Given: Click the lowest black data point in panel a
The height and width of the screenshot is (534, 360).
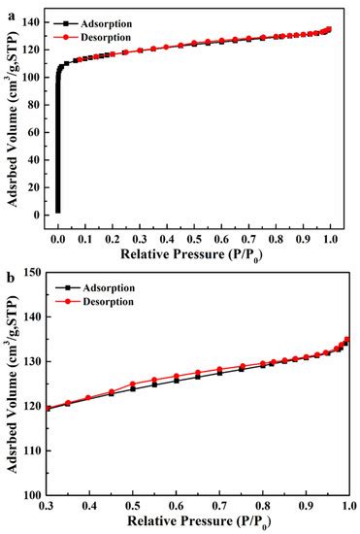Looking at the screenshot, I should coord(58,211).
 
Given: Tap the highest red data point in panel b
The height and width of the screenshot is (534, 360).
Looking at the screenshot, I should coord(347,339).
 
